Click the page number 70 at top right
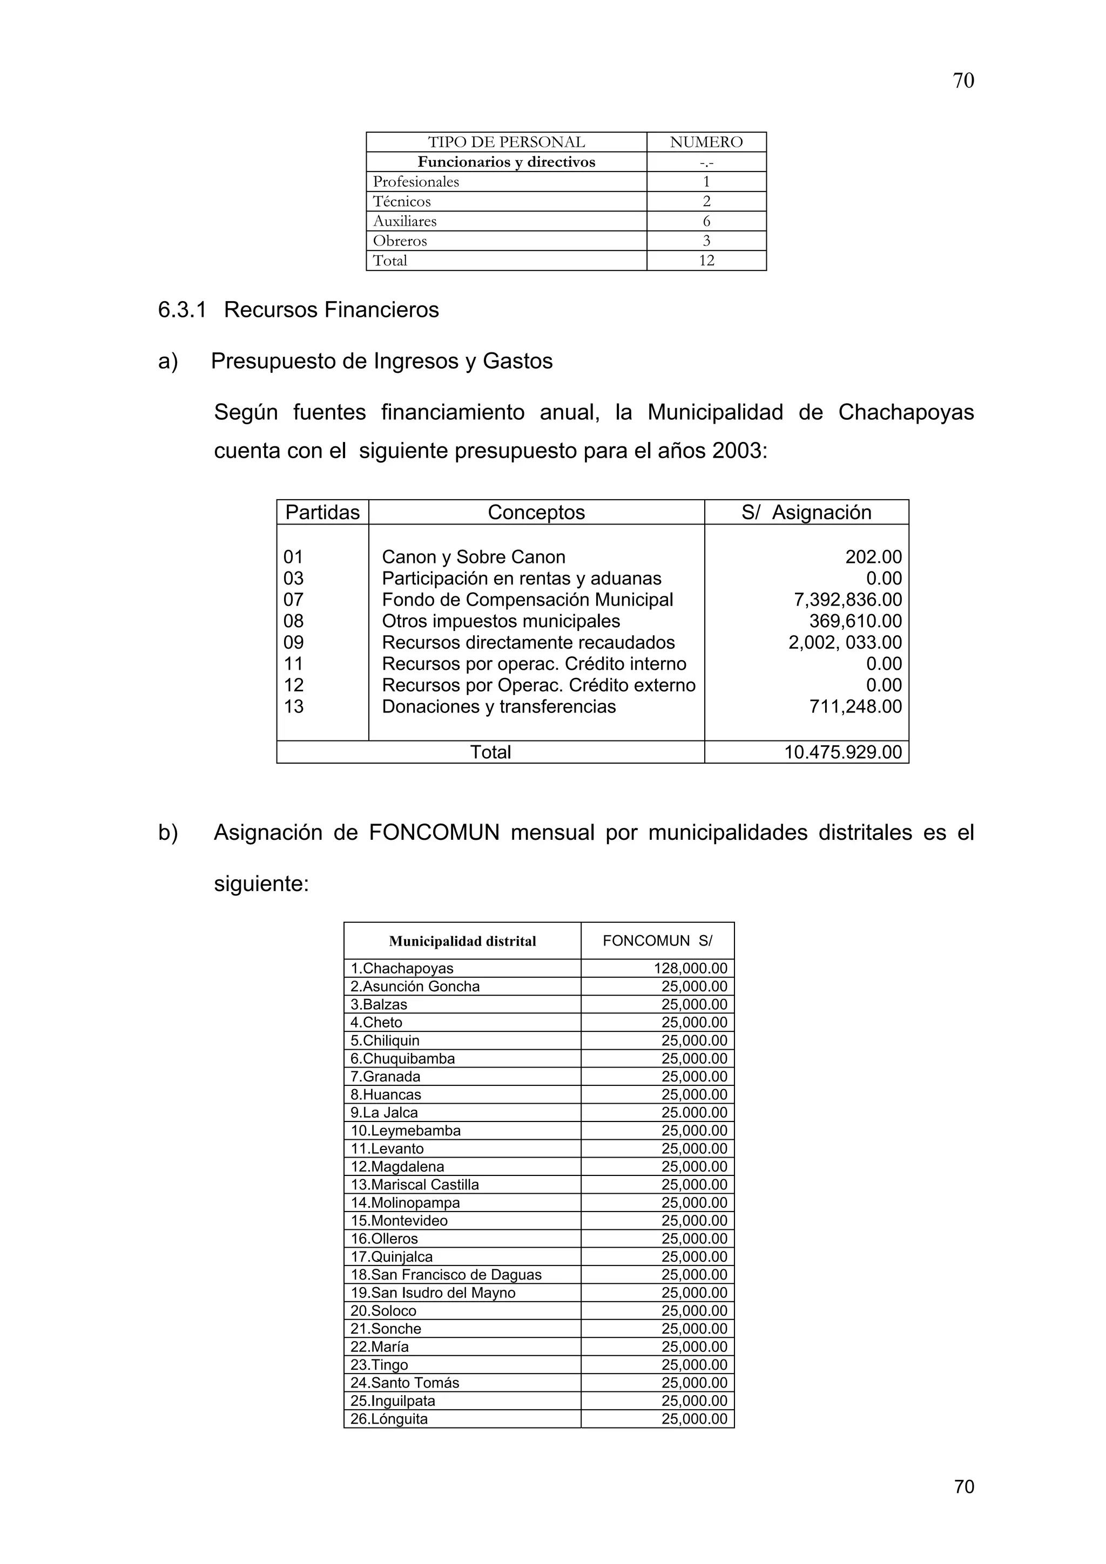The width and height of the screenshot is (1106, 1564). click(963, 81)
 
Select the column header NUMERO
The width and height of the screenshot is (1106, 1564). click(706, 142)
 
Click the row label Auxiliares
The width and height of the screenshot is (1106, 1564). click(405, 221)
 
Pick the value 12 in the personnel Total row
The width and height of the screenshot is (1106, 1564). click(706, 261)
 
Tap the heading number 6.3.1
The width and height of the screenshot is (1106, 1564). click(182, 310)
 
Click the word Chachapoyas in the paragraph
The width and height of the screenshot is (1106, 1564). click(906, 412)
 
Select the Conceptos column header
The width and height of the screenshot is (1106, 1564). click(536, 512)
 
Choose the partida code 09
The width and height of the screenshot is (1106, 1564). click(294, 642)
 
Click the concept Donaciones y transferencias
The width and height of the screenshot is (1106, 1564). click(499, 706)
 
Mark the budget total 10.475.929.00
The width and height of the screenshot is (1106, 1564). click(843, 752)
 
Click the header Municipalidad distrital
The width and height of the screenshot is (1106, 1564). click(462, 941)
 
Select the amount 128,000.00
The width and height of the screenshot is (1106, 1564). click(690, 969)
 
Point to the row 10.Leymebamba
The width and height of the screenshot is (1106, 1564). click(406, 1131)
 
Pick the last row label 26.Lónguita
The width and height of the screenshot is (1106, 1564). click(389, 1419)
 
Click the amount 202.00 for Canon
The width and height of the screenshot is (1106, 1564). click(873, 557)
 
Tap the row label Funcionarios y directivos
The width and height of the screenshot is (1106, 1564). click(507, 162)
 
